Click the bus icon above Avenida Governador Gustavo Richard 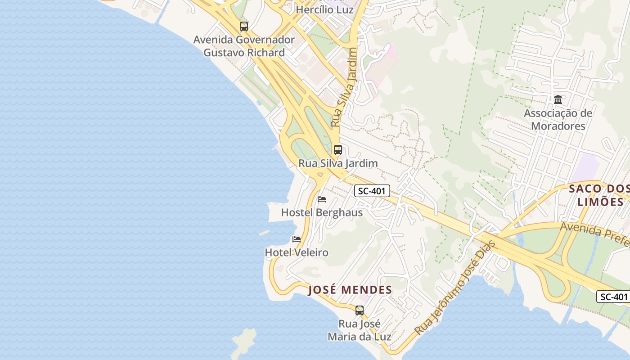243,27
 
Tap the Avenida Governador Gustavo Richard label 244,46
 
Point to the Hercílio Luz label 324,9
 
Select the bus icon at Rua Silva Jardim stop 337,150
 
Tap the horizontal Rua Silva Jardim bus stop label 338,163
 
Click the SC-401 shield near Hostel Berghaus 372,191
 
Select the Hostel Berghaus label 322,212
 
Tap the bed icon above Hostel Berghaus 322,199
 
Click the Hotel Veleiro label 297,252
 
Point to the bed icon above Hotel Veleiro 297,239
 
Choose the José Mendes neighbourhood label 350,289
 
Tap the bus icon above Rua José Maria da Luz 359,310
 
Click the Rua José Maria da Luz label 359,330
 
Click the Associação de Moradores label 558,119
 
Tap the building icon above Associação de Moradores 558,99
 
